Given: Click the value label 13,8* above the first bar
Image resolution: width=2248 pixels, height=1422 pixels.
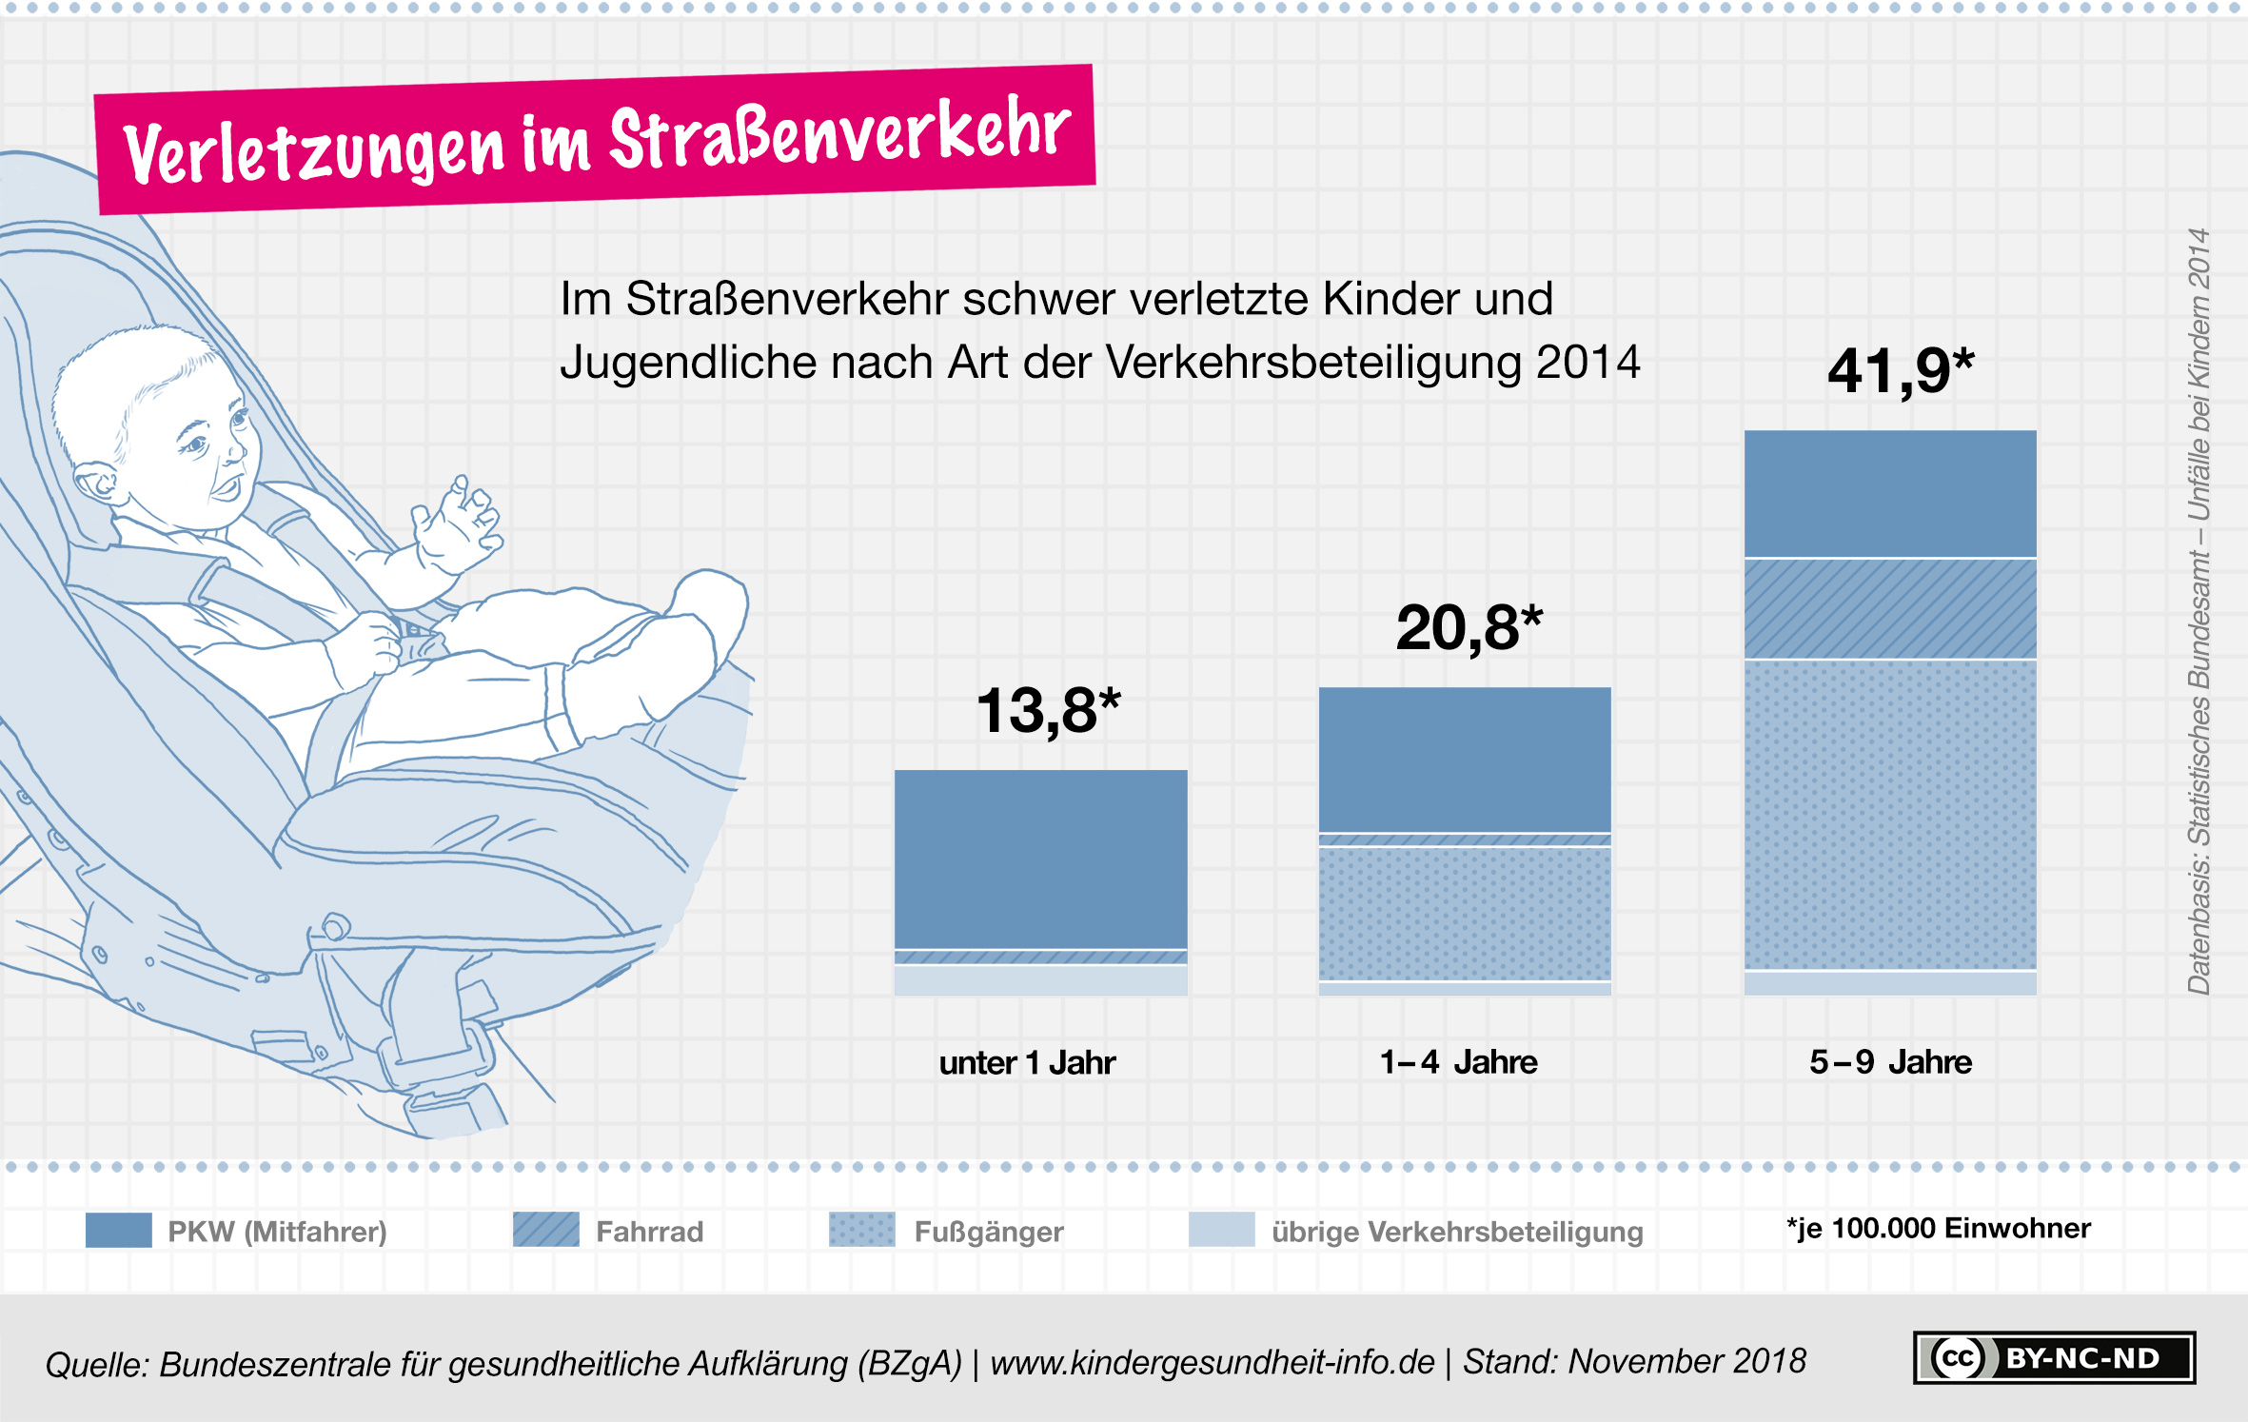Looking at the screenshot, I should pyautogui.click(x=1048, y=711).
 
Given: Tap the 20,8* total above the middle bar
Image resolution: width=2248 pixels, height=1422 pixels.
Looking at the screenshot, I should pyautogui.click(x=1469, y=628).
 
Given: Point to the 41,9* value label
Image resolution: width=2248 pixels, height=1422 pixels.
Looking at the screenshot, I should pyautogui.click(x=1900, y=370).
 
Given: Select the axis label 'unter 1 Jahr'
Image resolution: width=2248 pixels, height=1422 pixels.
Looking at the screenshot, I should pyautogui.click(x=1027, y=1062).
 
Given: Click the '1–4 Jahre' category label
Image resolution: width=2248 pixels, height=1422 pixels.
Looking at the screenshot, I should pyautogui.click(x=1458, y=1062).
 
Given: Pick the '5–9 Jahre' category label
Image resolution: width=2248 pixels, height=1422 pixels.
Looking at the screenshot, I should pyautogui.click(x=1890, y=1062).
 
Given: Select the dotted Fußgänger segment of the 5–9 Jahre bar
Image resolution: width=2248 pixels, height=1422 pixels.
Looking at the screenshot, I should pyautogui.click(x=1890, y=814).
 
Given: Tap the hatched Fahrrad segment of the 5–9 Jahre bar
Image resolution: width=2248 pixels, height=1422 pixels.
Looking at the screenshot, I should pyautogui.click(x=1890, y=608).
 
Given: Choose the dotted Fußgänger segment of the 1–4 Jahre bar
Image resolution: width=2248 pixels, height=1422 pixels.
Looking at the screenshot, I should pyautogui.click(x=1465, y=913).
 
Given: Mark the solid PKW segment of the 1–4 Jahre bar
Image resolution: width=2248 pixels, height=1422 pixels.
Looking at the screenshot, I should pyautogui.click(x=1465, y=759).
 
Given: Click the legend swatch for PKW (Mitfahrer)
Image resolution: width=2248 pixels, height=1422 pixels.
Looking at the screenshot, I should pyautogui.click(x=118, y=1230).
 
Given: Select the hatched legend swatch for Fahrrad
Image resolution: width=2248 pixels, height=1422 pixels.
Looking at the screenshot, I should pyautogui.click(x=545, y=1230).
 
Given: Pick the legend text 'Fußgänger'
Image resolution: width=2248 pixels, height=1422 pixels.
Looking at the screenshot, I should pyautogui.click(x=988, y=1232).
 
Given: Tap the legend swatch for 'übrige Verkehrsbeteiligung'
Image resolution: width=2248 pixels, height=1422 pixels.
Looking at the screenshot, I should pyautogui.click(x=1221, y=1230).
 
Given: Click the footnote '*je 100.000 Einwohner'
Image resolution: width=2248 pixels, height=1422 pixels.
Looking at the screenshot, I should pyautogui.click(x=1938, y=1229).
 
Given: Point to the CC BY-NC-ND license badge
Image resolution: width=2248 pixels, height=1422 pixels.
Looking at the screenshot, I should pyautogui.click(x=2054, y=1357).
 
